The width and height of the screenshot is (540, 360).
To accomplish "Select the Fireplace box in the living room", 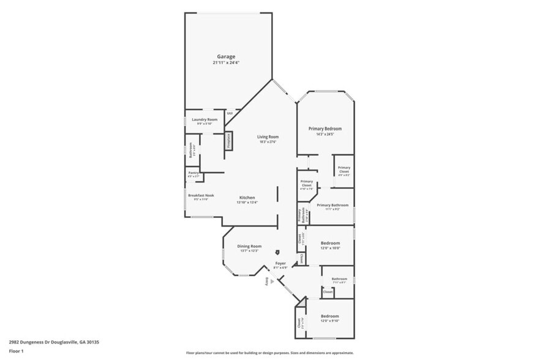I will [x=229, y=140].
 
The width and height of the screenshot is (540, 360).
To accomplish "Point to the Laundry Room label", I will [x=204, y=119].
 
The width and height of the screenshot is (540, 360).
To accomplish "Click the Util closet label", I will [x=230, y=113].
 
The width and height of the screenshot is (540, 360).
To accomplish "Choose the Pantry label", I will [x=193, y=174].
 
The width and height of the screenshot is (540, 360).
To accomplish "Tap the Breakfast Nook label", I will [x=201, y=195].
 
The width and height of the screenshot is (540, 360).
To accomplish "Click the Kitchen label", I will [x=247, y=198].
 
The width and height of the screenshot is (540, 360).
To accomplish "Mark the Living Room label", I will [x=268, y=137].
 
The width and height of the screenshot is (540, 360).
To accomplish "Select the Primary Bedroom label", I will [x=324, y=129].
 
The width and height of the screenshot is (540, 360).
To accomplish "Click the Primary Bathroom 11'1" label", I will [x=332, y=205].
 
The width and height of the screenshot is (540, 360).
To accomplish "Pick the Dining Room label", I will [x=249, y=246].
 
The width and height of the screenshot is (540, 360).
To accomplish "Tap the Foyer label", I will [x=280, y=263].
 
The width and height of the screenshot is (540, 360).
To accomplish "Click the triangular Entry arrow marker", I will [x=272, y=281].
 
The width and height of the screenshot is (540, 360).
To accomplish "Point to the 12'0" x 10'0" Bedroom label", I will [x=330, y=243].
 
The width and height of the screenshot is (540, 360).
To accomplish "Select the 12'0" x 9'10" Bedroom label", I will [x=330, y=317].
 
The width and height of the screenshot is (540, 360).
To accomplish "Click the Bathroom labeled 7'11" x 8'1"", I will [x=339, y=279].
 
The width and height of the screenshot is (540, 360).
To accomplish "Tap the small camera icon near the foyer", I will [x=277, y=252].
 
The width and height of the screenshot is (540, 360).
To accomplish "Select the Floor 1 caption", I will [x=16, y=351].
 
